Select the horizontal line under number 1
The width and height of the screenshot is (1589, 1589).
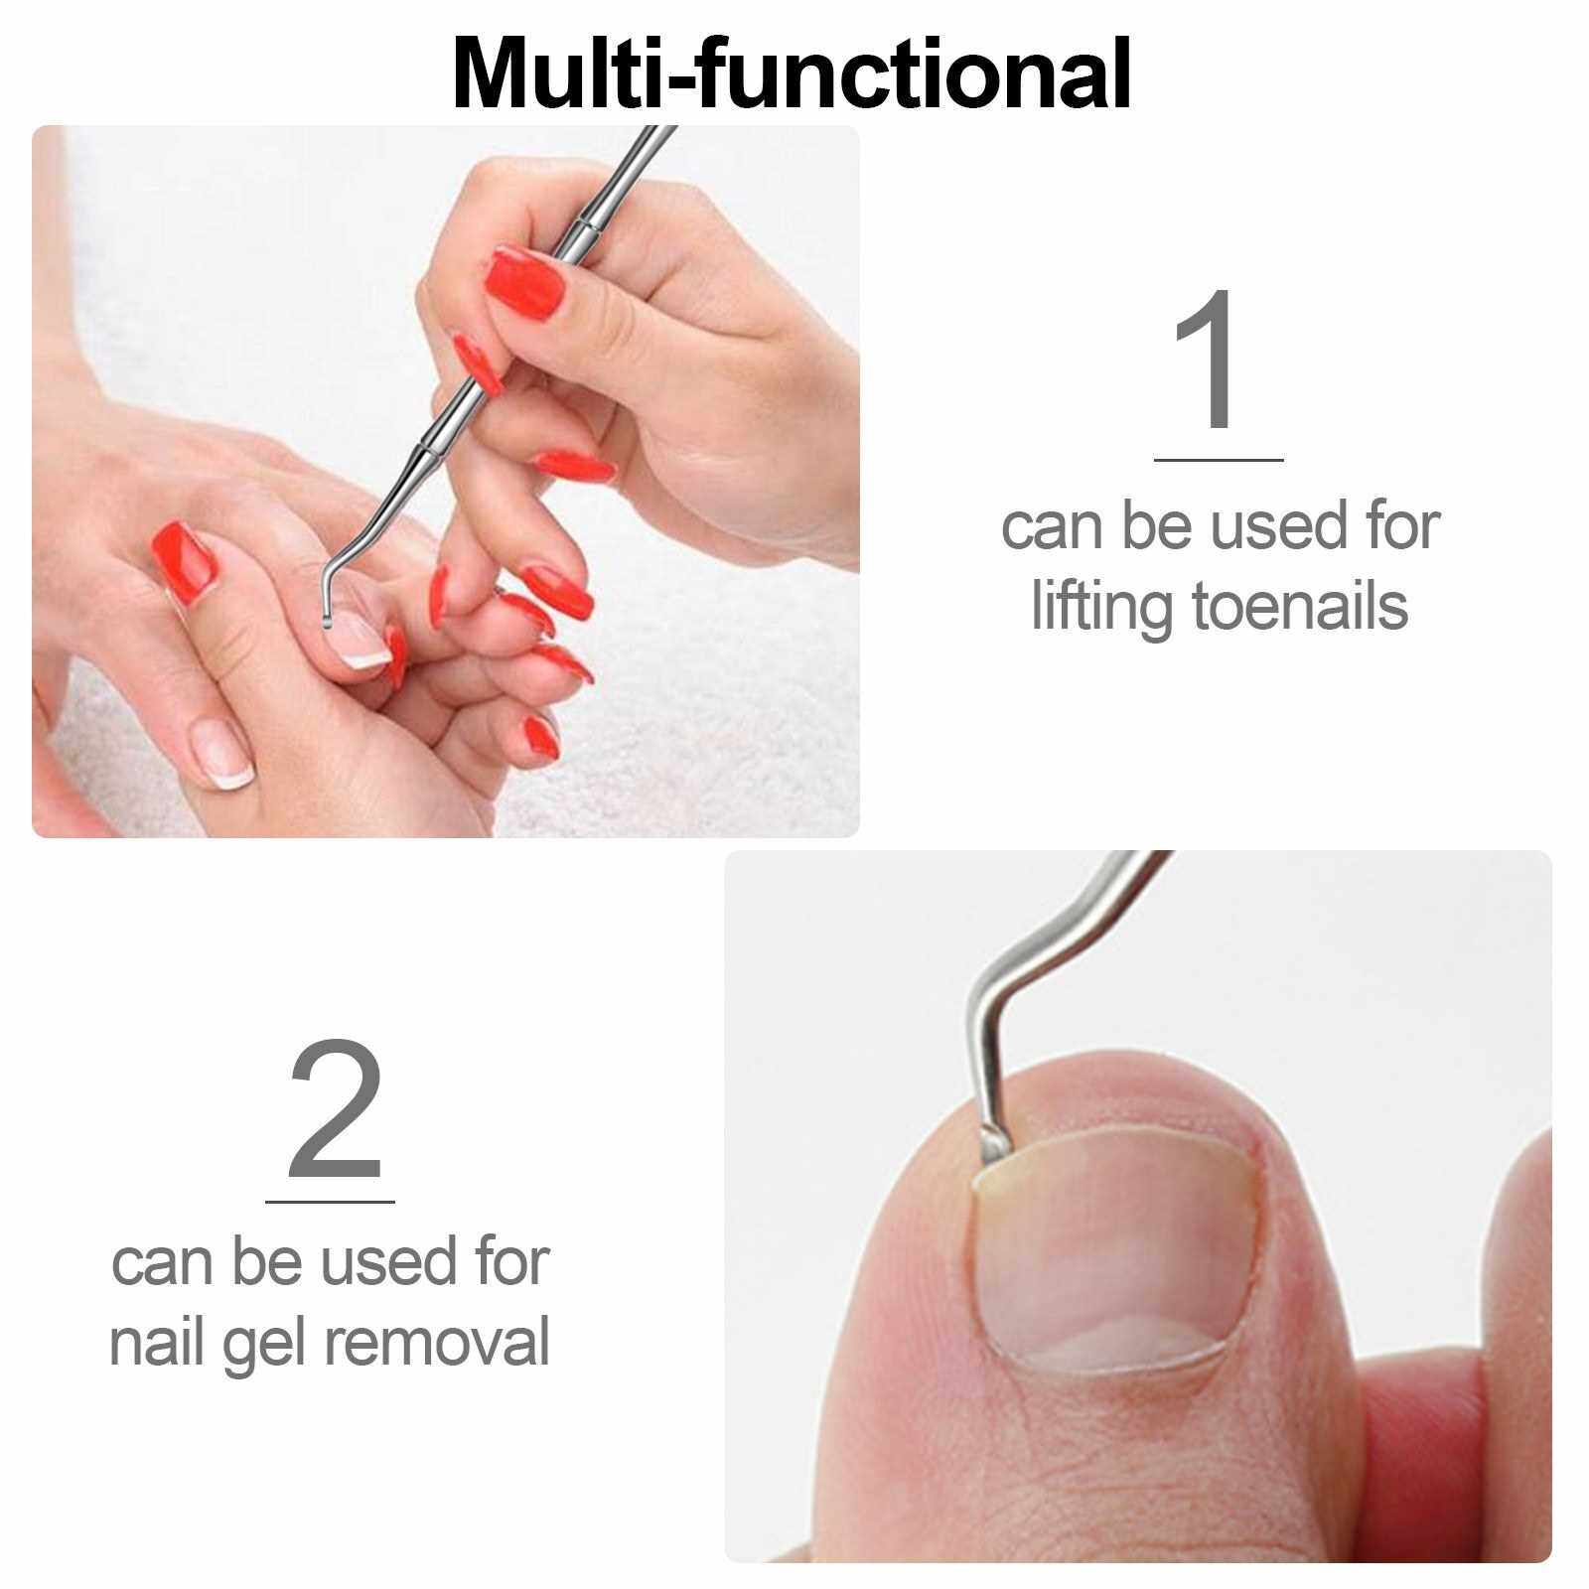[1219, 460]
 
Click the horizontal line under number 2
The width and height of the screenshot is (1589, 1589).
[330, 1201]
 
